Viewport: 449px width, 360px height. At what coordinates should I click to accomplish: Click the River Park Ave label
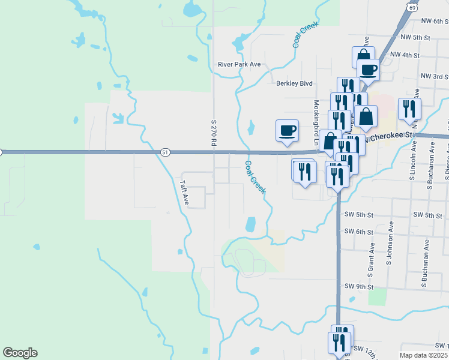240,64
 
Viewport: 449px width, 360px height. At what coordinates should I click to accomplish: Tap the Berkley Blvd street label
294,83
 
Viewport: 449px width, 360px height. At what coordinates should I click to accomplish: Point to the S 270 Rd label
212,133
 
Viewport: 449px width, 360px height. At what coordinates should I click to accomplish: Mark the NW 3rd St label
435,76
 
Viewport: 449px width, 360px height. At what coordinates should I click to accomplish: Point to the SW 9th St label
359,287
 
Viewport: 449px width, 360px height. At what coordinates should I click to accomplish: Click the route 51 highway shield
164,152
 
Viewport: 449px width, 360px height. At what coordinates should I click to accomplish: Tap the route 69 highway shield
411,5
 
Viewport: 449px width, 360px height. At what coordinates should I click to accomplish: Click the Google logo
20,353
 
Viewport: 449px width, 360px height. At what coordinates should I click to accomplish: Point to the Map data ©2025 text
424,355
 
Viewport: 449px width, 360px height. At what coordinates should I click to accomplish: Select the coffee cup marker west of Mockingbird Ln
287,130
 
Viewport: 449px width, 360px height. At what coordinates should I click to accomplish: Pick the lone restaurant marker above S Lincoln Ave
409,109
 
